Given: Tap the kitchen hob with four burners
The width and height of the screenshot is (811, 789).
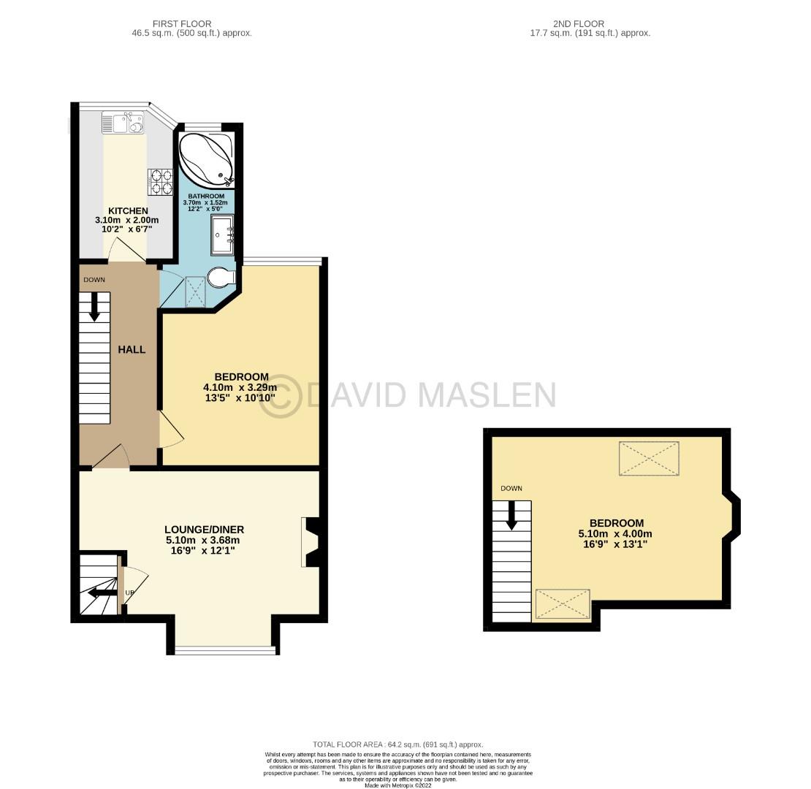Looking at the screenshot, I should [161, 182].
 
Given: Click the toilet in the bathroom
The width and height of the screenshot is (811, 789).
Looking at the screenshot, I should [220, 278].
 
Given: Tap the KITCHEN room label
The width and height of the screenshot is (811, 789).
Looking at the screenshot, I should [128, 210].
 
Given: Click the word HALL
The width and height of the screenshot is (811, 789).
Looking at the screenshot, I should [132, 349].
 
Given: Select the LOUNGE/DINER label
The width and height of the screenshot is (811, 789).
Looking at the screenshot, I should [204, 530].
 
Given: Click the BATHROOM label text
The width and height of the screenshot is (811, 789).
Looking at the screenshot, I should [205, 196].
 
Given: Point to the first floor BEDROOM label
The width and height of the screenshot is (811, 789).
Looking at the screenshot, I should [240, 376].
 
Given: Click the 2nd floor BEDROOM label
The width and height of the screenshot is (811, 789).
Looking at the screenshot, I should [616, 523].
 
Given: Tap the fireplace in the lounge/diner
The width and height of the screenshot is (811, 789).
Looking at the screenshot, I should [310, 542].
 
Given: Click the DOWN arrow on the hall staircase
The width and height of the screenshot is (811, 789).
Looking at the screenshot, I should [94, 306].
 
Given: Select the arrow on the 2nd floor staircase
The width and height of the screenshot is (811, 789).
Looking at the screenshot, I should [511, 514].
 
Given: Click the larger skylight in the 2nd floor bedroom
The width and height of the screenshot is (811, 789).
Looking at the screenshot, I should [648, 458].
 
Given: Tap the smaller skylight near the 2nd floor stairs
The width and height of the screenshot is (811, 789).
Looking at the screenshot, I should [563, 604].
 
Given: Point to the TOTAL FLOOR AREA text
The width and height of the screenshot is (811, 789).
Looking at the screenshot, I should [397, 744].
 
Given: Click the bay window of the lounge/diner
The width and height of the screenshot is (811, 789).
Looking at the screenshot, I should [225, 649].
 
